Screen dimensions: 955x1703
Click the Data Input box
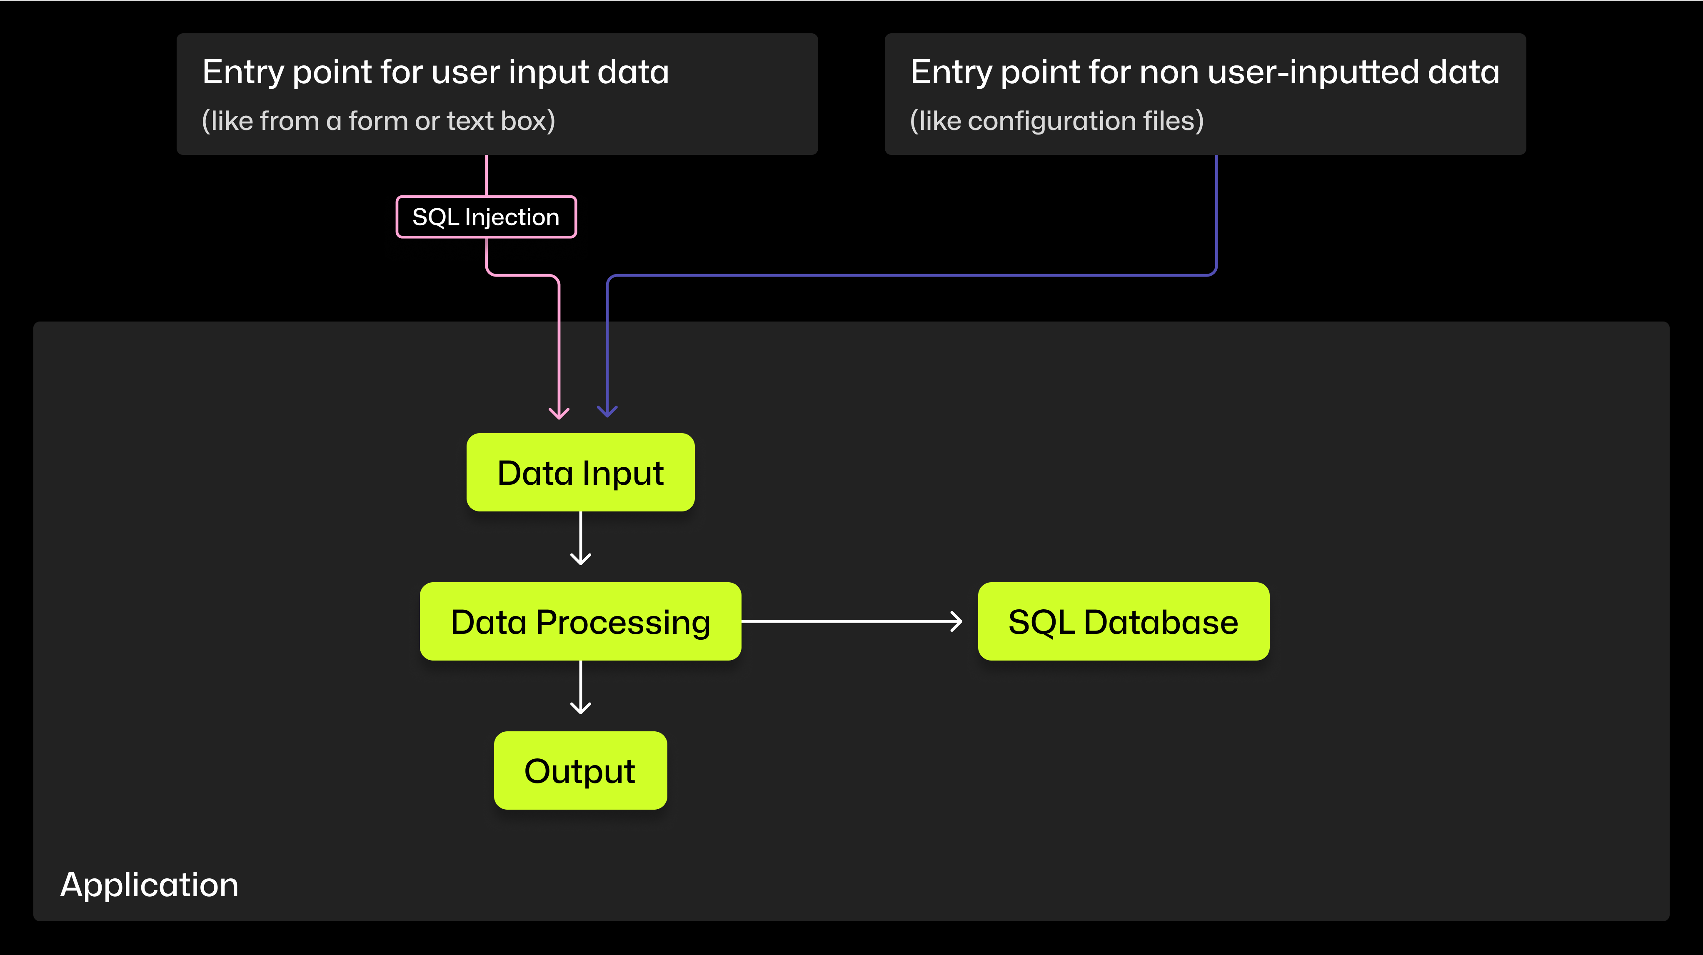pyautogui.click(x=580, y=473)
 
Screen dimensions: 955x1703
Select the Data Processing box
pyautogui.click(x=580, y=621)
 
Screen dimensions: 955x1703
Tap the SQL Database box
pyautogui.click(x=1123, y=621)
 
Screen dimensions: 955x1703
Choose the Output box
pyautogui.click(x=580, y=770)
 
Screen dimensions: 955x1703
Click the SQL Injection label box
pyautogui.click(x=486, y=217)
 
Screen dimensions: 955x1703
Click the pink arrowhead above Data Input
pyautogui.click(x=559, y=412)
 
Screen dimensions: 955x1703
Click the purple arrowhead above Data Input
pyautogui.click(x=607, y=410)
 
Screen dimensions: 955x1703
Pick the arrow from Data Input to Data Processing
pyautogui.click(x=580, y=538)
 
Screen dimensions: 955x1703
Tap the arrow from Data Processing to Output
pyautogui.click(x=580, y=687)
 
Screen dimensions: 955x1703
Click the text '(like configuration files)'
pyautogui.click(x=1056, y=121)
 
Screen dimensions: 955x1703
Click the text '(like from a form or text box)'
pyautogui.click(x=378, y=121)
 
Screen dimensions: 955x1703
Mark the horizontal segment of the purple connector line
pyautogui.click(x=912, y=275)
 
